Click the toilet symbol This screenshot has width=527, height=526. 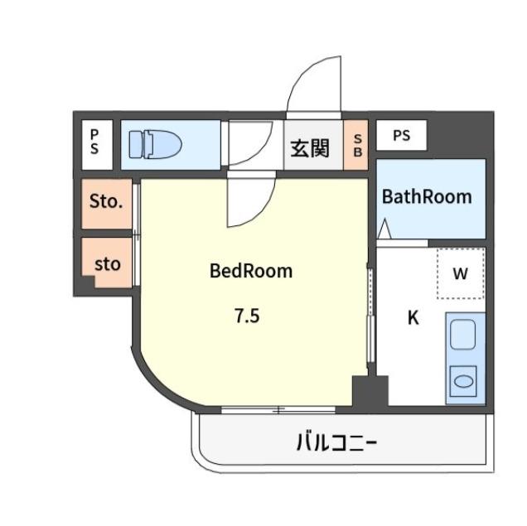click(x=155, y=144)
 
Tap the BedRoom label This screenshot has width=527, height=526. click(x=251, y=271)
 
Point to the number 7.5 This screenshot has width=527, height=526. click(x=247, y=316)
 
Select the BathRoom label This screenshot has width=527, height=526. click(x=427, y=196)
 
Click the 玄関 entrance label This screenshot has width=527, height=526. click(x=310, y=148)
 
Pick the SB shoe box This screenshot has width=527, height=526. click(x=356, y=145)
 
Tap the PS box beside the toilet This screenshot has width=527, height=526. click(x=97, y=145)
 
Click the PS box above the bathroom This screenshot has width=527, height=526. click(x=402, y=135)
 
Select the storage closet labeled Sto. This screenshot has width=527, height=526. click(x=107, y=204)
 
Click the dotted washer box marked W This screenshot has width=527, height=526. click(x=461, y=273)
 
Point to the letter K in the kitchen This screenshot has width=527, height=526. click(x=413, y=317)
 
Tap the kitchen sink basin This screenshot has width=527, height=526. click(x=463, y=335)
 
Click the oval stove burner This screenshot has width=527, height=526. click(x=463, y=381)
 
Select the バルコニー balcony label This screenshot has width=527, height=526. click(x=336, y=442)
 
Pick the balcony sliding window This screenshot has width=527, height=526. click(x=278, y=409)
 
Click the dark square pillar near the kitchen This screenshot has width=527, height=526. click(x=370, y=391)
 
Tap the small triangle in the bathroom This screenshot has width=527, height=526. click(x=384, y=229)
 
